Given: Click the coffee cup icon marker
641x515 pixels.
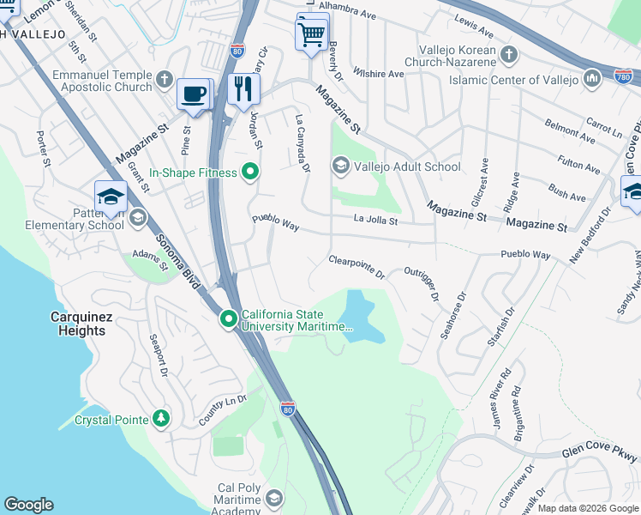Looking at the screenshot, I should click(194, 94).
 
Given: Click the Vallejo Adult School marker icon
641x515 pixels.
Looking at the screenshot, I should click(341, 166).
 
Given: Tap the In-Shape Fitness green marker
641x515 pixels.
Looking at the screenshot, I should click(250, 173).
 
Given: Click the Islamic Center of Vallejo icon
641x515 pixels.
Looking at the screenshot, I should click(591, 80).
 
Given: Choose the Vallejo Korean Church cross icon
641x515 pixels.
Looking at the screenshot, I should click(509, 56).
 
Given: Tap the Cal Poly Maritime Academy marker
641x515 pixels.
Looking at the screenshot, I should click(274, 498).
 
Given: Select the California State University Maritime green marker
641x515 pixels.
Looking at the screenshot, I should click(229, 319).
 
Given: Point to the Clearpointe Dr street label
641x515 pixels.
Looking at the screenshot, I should click(357, 266).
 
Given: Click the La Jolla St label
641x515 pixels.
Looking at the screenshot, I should click(376, 221).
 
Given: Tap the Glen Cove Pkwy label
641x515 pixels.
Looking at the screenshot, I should click(600, 456).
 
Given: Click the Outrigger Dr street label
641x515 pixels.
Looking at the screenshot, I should click(421, 283).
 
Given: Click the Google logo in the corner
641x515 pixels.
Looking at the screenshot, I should click(28, 505).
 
